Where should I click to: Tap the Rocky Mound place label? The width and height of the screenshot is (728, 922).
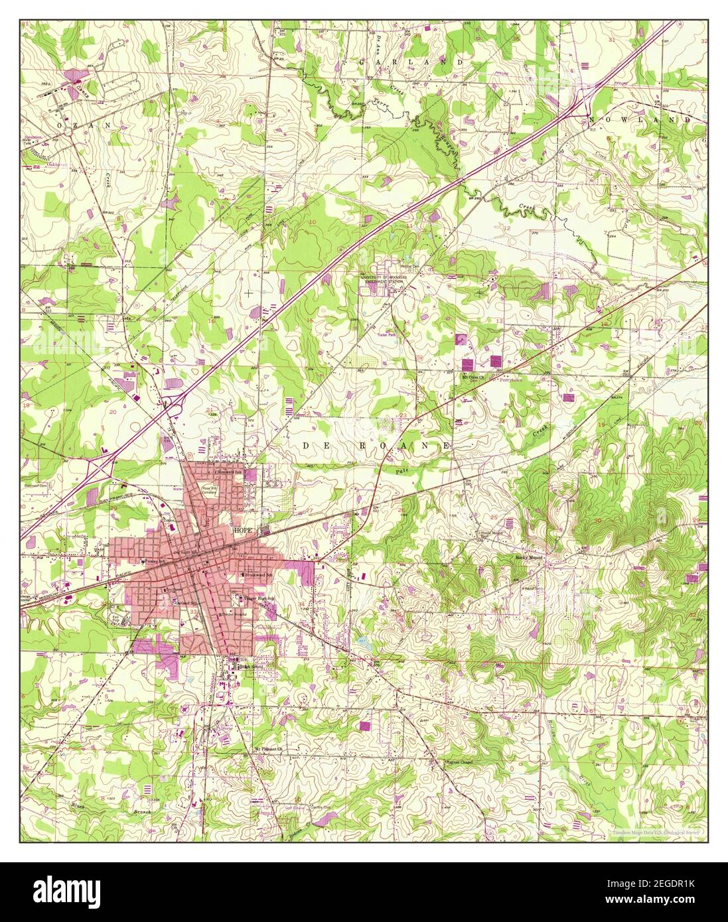pos(530,558)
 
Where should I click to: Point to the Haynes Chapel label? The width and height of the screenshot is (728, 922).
pos(462,762)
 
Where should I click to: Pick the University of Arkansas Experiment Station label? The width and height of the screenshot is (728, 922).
pos(391,279)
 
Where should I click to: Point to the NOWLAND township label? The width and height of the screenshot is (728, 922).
pos(640,119)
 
